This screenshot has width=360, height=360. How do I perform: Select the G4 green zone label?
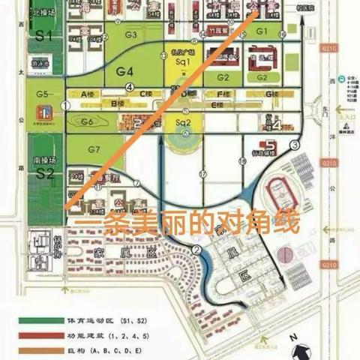point(124,72)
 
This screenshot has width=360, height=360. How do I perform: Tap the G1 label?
point(262,31)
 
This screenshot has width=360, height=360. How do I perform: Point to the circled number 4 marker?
point(130,87)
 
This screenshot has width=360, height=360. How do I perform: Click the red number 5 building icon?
point(262,145)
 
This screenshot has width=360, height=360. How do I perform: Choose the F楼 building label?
point(223,94)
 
